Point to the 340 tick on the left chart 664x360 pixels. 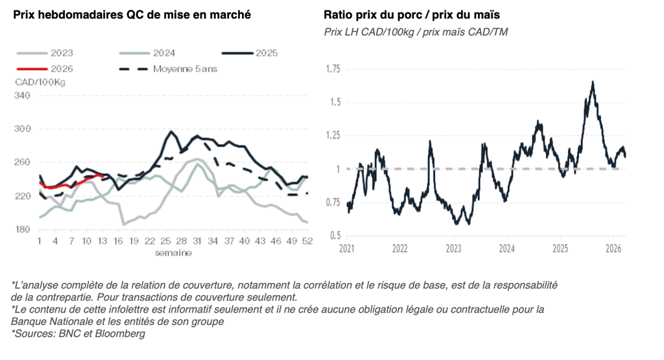pyautogui.click(x=23, y=95)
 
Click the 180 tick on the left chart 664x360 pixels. pyautogui.click(x=23, y=230)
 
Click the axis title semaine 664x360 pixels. pyautogui.click(x=172, y=252)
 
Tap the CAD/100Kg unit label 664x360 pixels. pyautogui.click(x=40, y=82)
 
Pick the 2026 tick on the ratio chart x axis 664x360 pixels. pyautogui.click(x=613, y=248)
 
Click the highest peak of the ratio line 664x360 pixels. pyautogui.click(x=593, y=82)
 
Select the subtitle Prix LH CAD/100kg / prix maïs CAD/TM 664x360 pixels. pyautogui.click(x=416, y=32)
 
